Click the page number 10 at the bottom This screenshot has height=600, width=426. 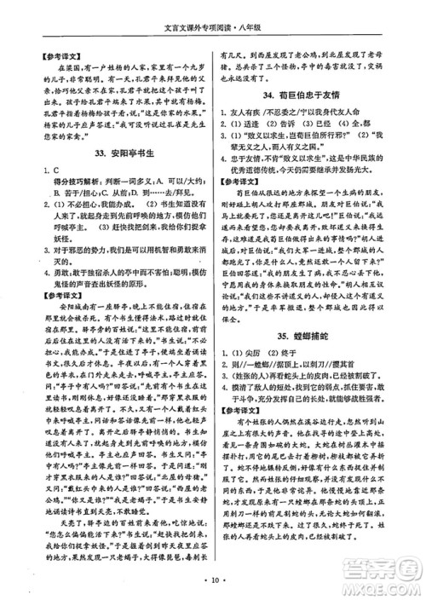click(213, 583)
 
